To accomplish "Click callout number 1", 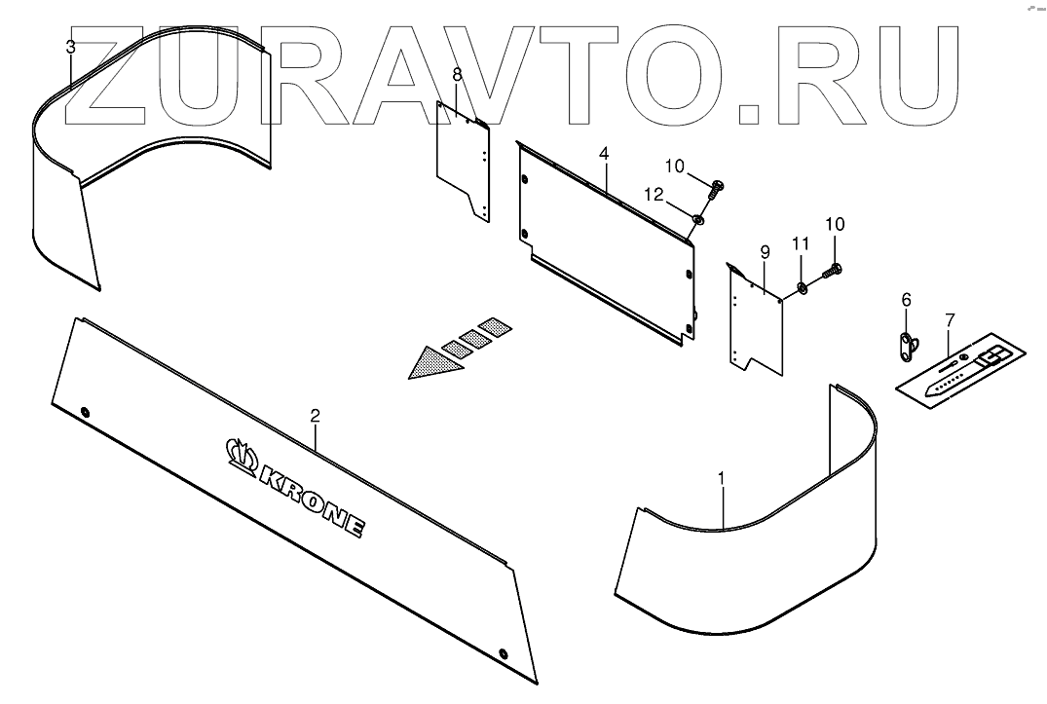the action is click(721, 478).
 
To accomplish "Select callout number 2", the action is click(315, 416).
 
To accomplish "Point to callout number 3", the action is click(70, 47).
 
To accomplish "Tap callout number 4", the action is click(604, 155).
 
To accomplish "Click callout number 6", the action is click(906, 300).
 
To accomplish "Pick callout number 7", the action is click(950, 319).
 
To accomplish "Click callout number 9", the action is click(765, 253).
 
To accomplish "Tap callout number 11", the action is click(800, 241).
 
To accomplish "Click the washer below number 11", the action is click(800, 286).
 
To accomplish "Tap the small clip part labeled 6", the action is click(908, 344).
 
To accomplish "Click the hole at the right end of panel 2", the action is click(503, 652).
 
